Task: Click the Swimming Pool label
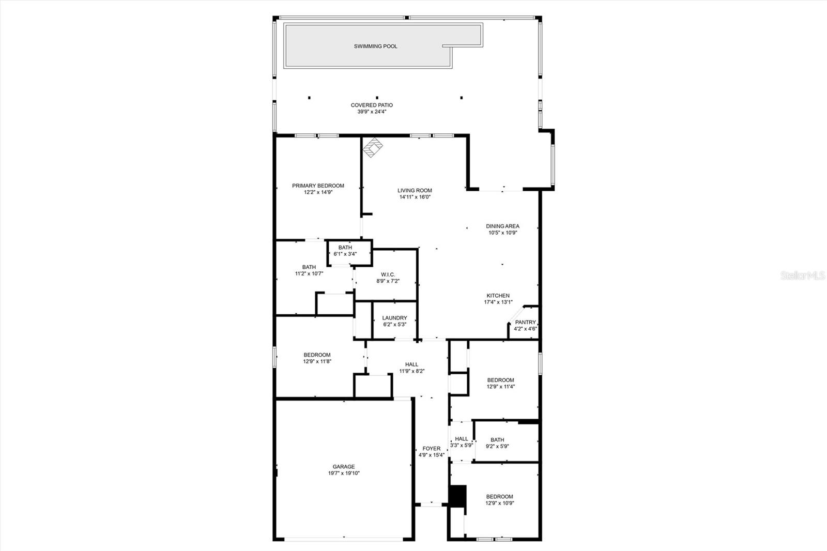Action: pos(375,47)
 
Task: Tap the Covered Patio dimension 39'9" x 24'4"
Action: pos(372,112)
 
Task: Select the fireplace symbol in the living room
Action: pos(373,148)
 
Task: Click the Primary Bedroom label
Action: pos(318,186)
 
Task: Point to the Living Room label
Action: pos(415,190)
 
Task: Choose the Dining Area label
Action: pos(502,226)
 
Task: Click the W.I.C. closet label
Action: pos(388,274)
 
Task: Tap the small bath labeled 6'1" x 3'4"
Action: pos(345,251)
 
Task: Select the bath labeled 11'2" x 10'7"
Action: pos(309,270)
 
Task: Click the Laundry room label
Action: pos(394,318)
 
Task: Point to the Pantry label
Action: pos(525,322)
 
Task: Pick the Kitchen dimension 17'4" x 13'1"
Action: pos(498,302)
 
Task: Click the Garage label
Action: pos(344,467)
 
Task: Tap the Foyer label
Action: pos(432,449)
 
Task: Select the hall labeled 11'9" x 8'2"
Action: pos(411,368)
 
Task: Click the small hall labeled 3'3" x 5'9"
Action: pos(462,442)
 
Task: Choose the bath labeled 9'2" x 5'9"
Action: pos(497,443)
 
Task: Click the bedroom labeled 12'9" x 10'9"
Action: pos(499,500)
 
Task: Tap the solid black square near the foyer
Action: pos(457,496)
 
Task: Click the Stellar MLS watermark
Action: pos(802,276)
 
